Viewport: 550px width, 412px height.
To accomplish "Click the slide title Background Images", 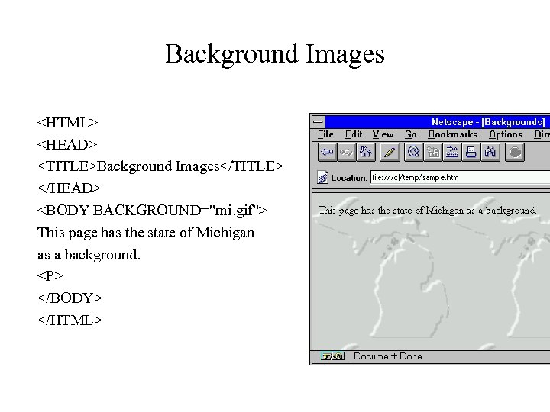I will tap(274, 54).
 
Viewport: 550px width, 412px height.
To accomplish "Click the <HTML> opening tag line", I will tap(68, 122).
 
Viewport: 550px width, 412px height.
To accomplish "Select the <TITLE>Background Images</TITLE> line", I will tap(160, 166).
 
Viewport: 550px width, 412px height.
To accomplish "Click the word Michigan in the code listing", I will tap(225, 232).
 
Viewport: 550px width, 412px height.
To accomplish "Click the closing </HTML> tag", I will tap(70, 320).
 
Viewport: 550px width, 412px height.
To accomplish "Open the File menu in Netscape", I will tap(325, 134).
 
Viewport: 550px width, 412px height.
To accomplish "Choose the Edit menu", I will tap(354, 134).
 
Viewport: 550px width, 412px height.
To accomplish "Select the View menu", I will tap(383, 134).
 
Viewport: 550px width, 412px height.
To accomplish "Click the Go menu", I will tap(411, 134).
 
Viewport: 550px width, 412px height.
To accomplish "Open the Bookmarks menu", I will tap(453, 134).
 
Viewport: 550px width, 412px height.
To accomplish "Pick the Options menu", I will tap(506, 134).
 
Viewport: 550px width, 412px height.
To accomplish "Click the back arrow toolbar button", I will tap(327, 153).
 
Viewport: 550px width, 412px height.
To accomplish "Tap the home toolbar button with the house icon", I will tap(365, 153).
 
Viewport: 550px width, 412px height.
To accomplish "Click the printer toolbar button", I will tap(471, 153).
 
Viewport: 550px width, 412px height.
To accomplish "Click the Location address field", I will tap(458, 178).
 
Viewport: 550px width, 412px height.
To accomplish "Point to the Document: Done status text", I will tap(388, 356).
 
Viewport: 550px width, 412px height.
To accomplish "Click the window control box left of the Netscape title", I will tap(318, 121).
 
